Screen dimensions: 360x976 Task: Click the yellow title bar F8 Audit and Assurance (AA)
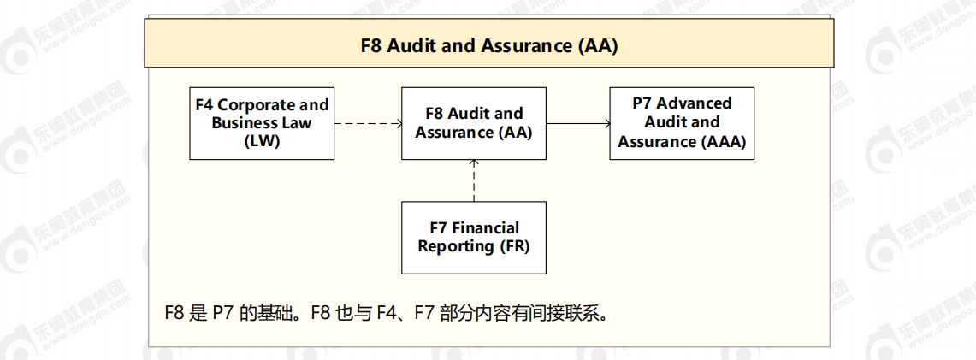[x=488, y=45]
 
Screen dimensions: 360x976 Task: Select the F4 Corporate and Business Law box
[x=261, y=123]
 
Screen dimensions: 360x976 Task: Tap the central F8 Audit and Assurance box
[x=473, y=123]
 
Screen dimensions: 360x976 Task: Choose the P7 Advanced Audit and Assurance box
[x=682, y=123]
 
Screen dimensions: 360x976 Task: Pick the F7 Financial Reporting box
[x=473, y=238]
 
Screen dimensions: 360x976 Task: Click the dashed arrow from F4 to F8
[x=368, y=123]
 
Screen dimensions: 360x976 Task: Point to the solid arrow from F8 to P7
[x=577, y=123]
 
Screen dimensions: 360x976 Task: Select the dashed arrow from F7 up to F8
[x=474, y=180]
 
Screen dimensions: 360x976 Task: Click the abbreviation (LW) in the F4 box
[x=261, y=141]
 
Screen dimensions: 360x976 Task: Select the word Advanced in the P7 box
[x=695, y=103]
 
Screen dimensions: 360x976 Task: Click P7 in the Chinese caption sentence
[x=222, y=313]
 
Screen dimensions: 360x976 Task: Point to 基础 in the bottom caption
[x=275, y=313]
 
